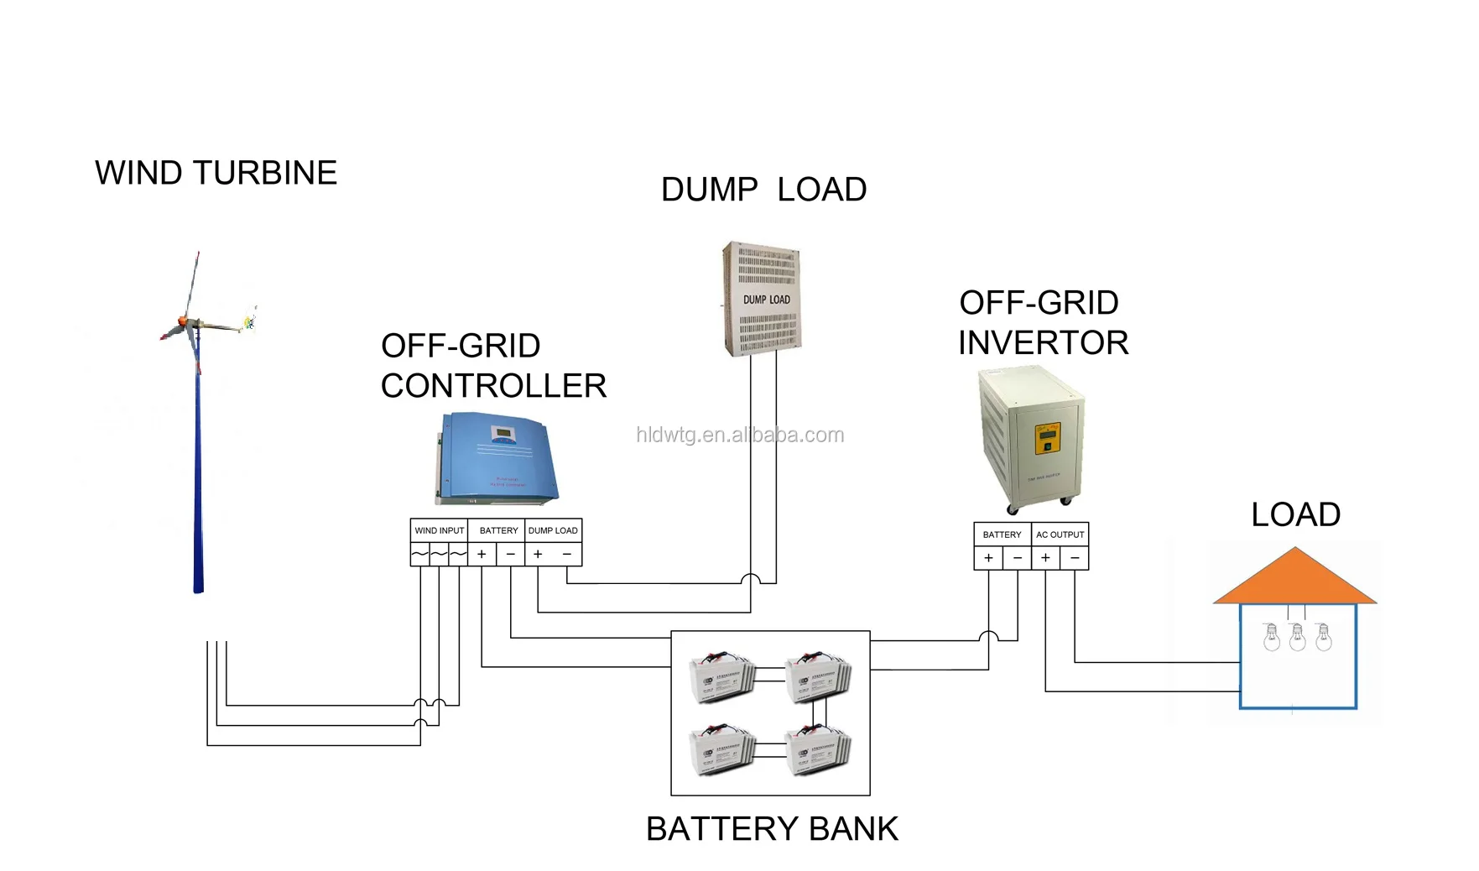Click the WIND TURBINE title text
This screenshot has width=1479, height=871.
[x=216, y=173]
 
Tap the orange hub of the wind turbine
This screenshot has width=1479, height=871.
[x=182, y=322]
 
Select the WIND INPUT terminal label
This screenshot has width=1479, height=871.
[x=439, y=530]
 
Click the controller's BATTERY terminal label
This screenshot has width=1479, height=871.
[x=498, y=530]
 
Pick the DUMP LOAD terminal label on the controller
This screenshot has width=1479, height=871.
[x=553, y=530]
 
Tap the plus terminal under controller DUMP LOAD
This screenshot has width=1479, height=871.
[x=538, y=554]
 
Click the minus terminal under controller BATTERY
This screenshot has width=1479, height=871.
[x=510, y=554]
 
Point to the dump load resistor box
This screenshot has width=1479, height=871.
[x=762, y=299]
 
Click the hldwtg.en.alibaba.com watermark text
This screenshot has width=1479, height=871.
[x=739, y=435]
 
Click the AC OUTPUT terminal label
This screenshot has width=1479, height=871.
[x=1060, y=535]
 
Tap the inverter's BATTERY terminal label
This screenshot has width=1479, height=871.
[x=1002, y=535]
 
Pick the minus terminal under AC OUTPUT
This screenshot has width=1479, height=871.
[x=1075, y=558]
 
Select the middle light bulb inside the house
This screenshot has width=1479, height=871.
[x=1297, y=638]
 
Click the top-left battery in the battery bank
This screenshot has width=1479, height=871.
[x=721, y=677]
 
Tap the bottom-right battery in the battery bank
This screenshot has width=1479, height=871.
[x=818, y=749]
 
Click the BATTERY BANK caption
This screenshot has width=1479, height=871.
[x=772, y=828]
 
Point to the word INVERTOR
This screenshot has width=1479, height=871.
[x=1043, y=342]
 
